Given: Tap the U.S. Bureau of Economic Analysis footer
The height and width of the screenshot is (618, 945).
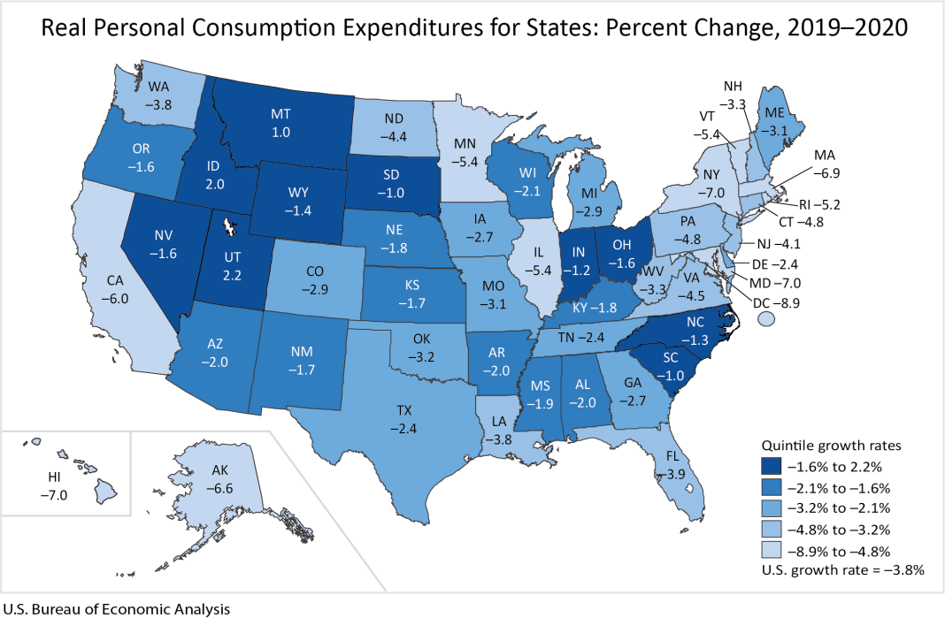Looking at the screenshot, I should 116,608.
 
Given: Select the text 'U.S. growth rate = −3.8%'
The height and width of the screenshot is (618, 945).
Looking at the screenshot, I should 842,570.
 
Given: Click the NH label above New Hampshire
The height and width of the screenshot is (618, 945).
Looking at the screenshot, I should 733,87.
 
